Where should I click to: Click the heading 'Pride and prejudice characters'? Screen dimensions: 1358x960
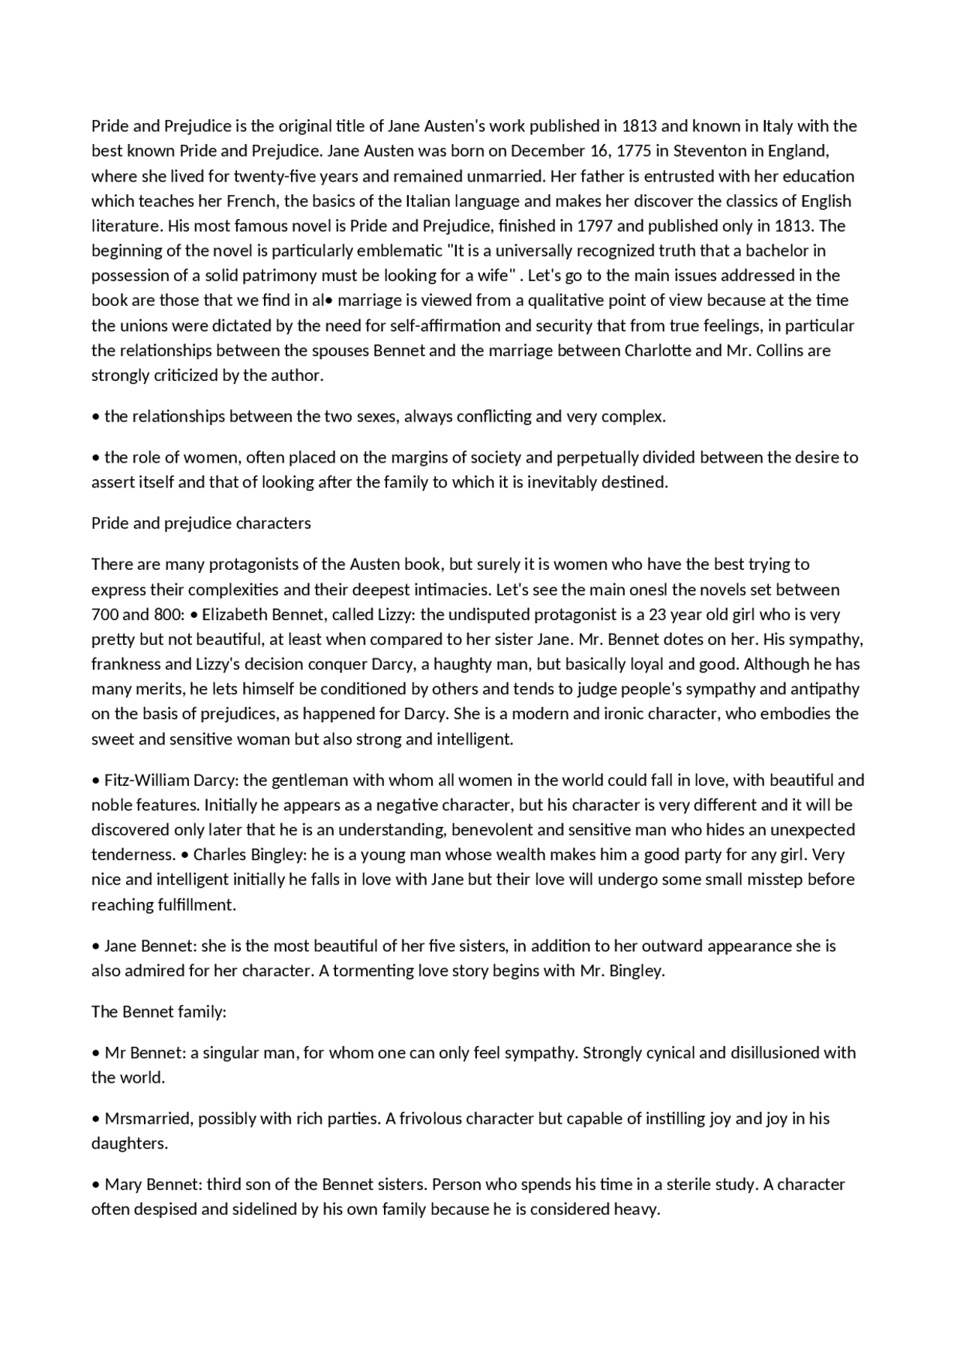coord(201,523)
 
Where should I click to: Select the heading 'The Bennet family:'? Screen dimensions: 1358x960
coord(159,1012)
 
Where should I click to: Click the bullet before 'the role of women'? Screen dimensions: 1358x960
coord(96,457)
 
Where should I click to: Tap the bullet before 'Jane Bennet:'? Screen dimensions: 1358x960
coord(96,946)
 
